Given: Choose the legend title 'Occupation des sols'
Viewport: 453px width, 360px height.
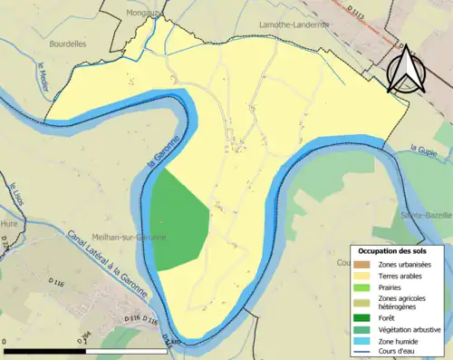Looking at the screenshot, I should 387,250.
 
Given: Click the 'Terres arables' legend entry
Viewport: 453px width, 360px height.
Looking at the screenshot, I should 388,276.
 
